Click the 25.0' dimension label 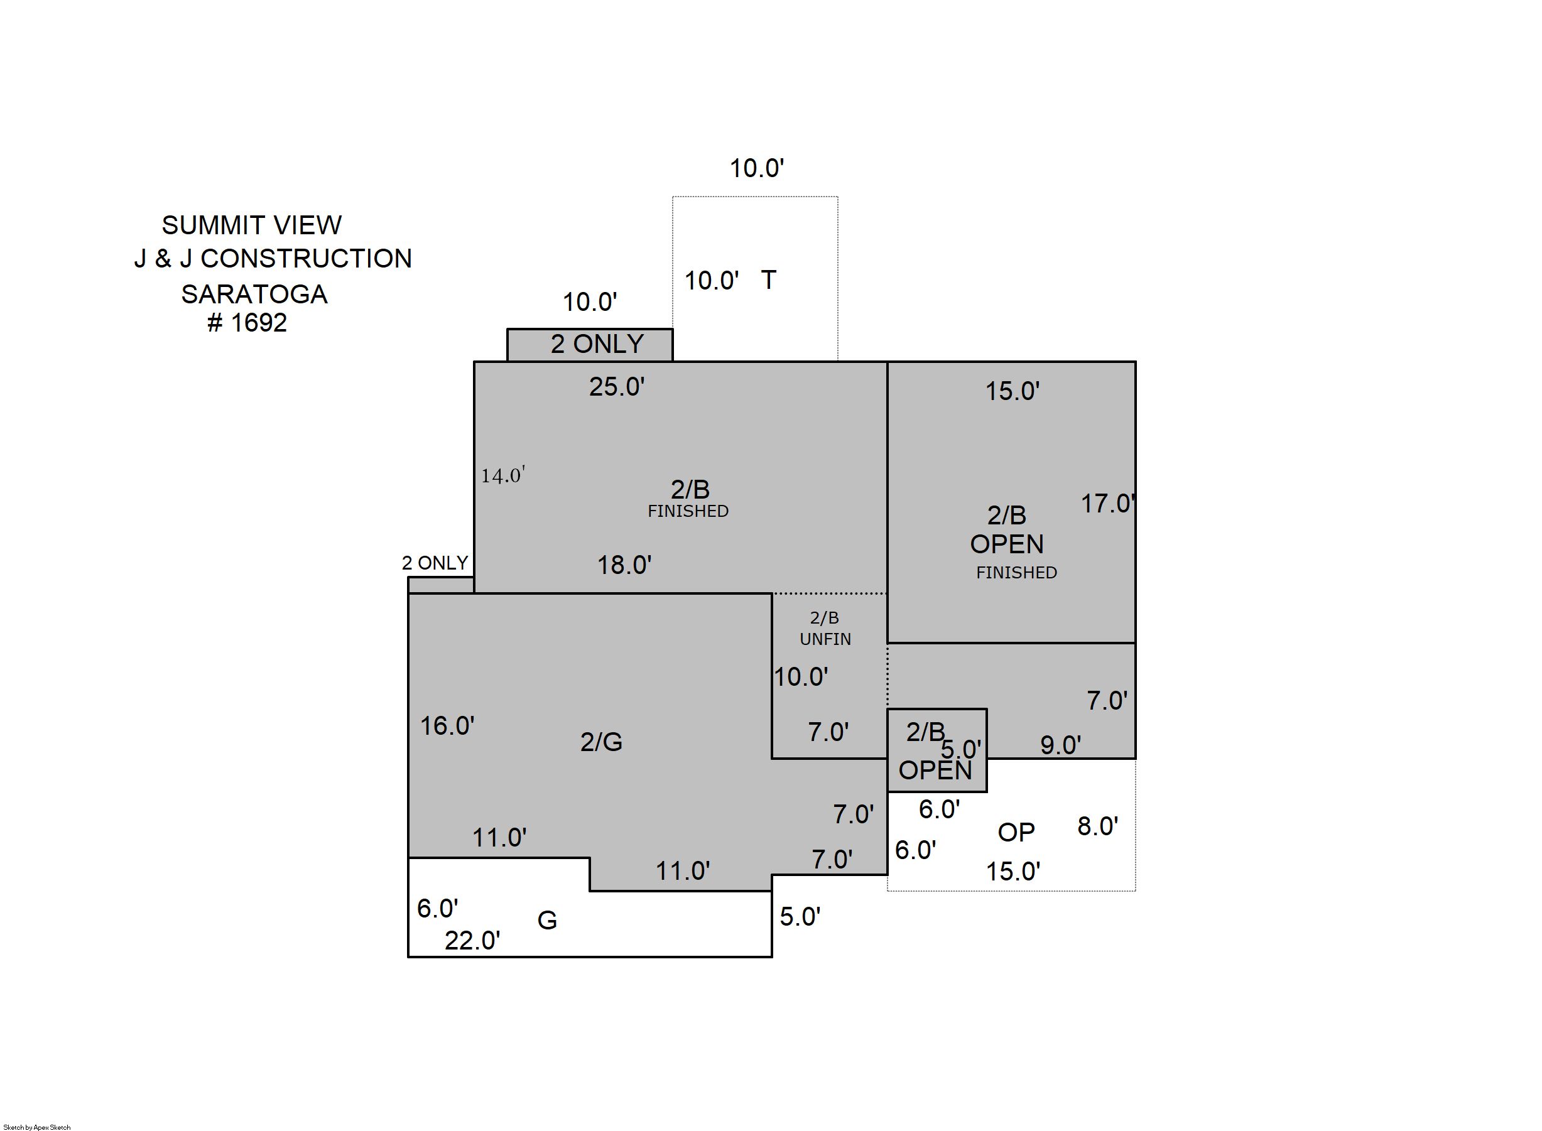(617, 387)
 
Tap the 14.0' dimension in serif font (503, 475)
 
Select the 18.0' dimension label (624, 565)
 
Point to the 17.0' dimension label (1108, 504)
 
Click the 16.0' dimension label (447, 726)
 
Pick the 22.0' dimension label (472, 941)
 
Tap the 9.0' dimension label (1061, 745)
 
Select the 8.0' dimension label (1097, 826)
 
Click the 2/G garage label (601, 742)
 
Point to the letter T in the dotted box (768, 280)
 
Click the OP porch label (1016, 833)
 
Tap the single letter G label (547, 920)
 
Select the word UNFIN (825, 639)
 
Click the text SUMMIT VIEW (251, 225)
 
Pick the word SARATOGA (254, 295)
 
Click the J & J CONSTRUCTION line (273, 259)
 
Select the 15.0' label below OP (1013, 872)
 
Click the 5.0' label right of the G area (800, 917)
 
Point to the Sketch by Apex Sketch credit (37, 1127)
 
